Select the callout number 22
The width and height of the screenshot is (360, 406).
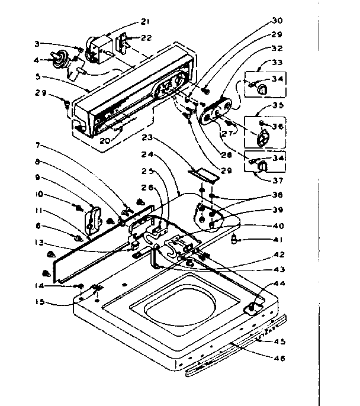(146, 37)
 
